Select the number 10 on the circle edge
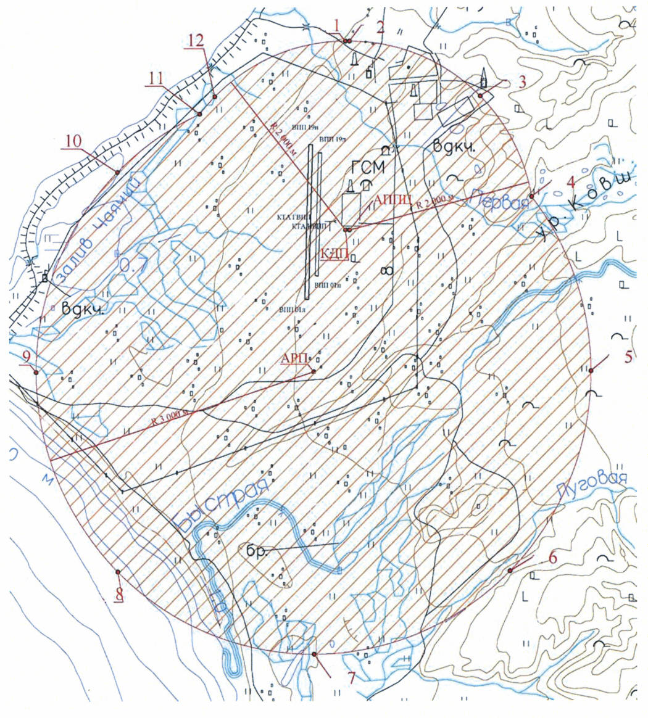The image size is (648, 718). [x=73, y=141]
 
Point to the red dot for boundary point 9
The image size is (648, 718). [x=36, y=373]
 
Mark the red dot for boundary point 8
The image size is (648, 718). [x=117, y=572]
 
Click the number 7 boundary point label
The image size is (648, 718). [x=352, y=678]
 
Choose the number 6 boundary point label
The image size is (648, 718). [x=553, y=558]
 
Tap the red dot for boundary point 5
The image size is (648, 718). [x=591, y=371]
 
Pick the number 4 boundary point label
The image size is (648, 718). [x=571, y=182]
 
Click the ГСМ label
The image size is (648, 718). [x=368, y=167]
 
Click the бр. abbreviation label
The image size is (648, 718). [x=255, y=551]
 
